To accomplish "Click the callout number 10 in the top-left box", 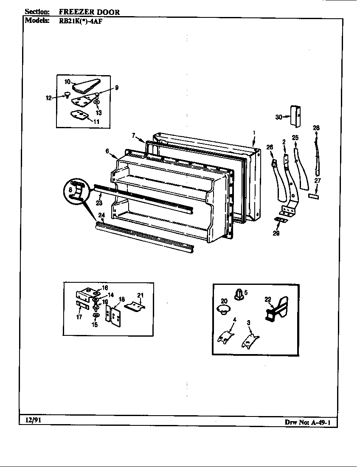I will pyautogui.click(x=67, y=81).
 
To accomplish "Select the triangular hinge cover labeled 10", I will pyautogui.click(x=85, y=86).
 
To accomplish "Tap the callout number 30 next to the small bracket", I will pyautogui.click(x=279, y=117).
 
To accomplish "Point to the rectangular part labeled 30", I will pyautogui.click(x=295, y=115).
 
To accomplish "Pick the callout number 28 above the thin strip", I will pyautogui.click(x=316, y=127).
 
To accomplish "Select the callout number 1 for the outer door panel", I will pyautogui.click(x=253, y=132).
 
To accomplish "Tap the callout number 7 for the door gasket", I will pyautogui.click(x=133, y=135).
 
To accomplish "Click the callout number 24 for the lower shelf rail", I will pyautogui.click(x=101, y=215).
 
